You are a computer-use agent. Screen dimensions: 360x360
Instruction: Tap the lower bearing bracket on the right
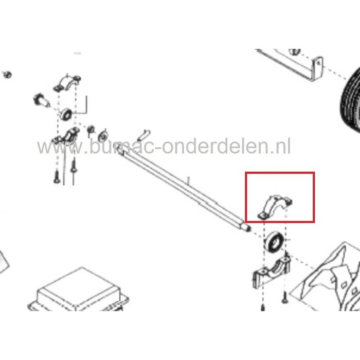[x=272, y=272]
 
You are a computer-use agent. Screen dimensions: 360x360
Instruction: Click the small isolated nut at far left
[x=7, y=75]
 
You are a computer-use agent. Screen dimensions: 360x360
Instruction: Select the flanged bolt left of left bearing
[x=42, y=100]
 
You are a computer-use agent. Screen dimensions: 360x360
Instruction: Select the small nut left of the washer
[x=91, y=129]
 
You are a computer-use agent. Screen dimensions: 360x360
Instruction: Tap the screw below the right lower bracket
[x=283, y=295]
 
